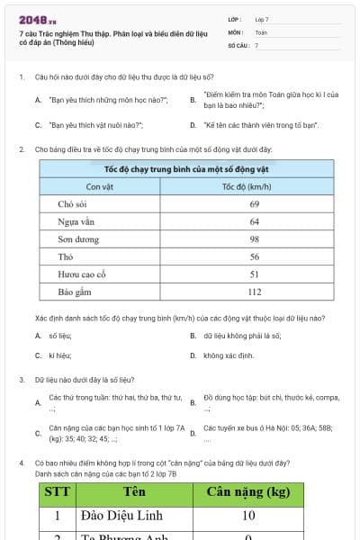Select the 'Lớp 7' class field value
pyautogui.click(x=262, y=19)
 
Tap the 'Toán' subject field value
pyautogui.click(x=261, y=31)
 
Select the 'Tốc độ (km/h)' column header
pyautogui.click(x=254, y=187)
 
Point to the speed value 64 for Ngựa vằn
pyautogui.click(x=255, y=221)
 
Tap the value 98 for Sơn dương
pyautogui.click(x=255, y=239)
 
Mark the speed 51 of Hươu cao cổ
pyautogui.click(x=255, y=274)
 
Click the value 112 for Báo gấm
pyautogui.click(x=255, y=292)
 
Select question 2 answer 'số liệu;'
pyautogui.click(x=59, y=336)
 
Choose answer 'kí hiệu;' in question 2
pyautogui.click(x=59, y=355)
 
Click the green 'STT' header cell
pyautogui.click(x=56, y=491)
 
